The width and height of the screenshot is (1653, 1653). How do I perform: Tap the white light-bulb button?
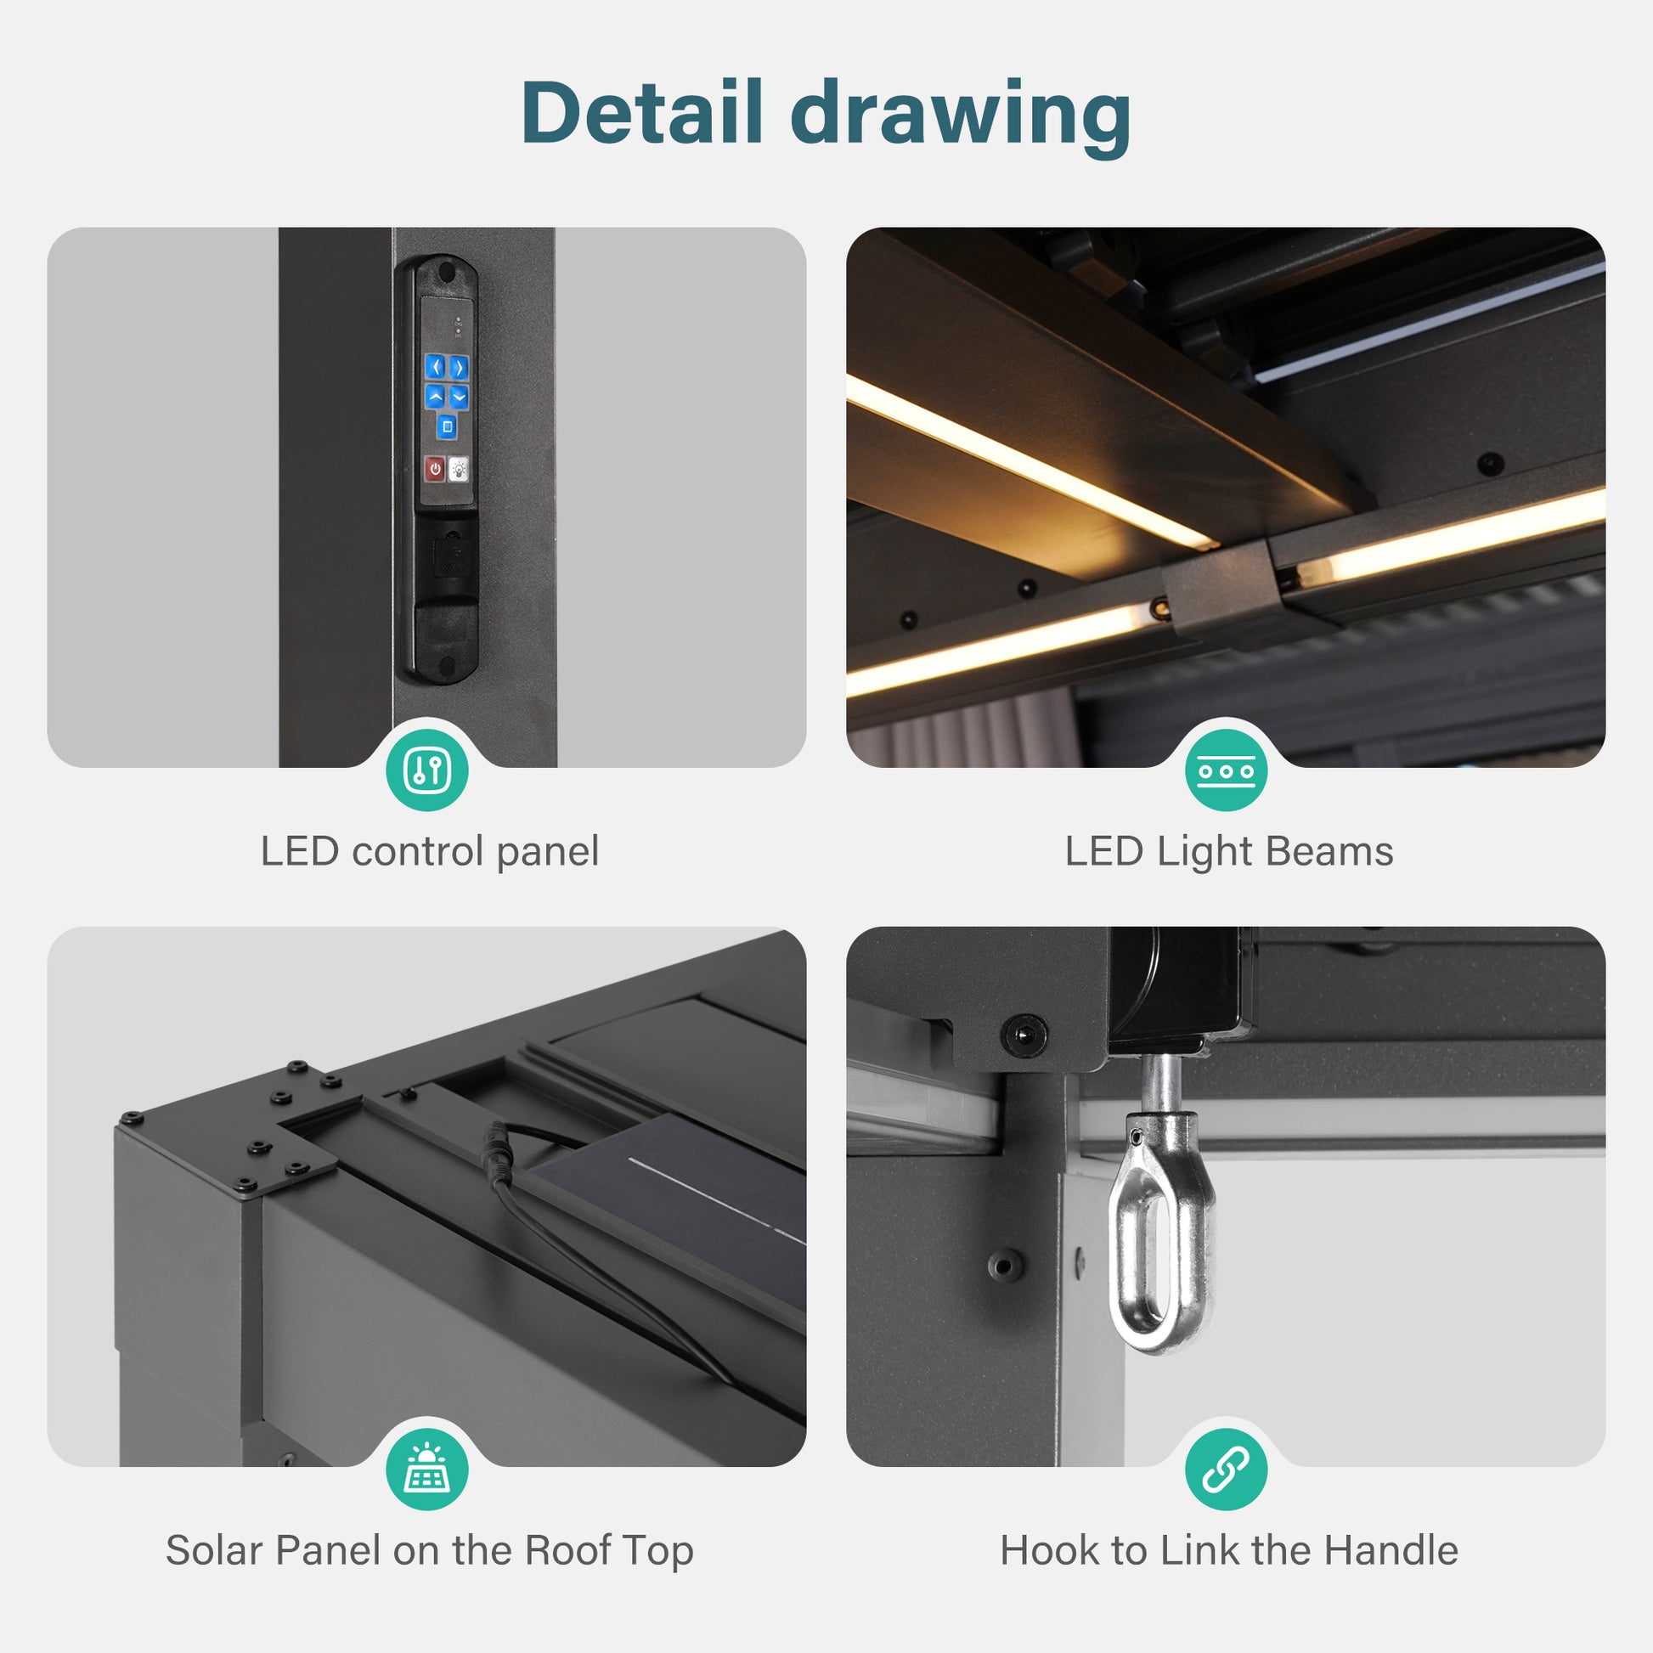(x=459, y=469)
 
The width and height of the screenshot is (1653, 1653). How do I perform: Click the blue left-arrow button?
(x=437, y=367)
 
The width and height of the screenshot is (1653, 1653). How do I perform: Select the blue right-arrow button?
(x=459, y=368)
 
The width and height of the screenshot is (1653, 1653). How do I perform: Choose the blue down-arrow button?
(x=459, y=397)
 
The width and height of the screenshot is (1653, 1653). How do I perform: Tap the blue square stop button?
(x=447, y=426)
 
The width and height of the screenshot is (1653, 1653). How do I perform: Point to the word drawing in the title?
(x=961, y=117)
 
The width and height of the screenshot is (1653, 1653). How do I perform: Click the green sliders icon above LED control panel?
(x=427, y=770)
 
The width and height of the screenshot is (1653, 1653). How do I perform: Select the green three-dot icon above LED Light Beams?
(x=1226, y=770)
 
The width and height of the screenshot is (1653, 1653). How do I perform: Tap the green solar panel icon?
(x=427, y=1469)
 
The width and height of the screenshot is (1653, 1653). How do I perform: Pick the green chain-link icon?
(x=1226, y=1469)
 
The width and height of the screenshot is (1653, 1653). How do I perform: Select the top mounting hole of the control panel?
(x=446, y=273)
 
